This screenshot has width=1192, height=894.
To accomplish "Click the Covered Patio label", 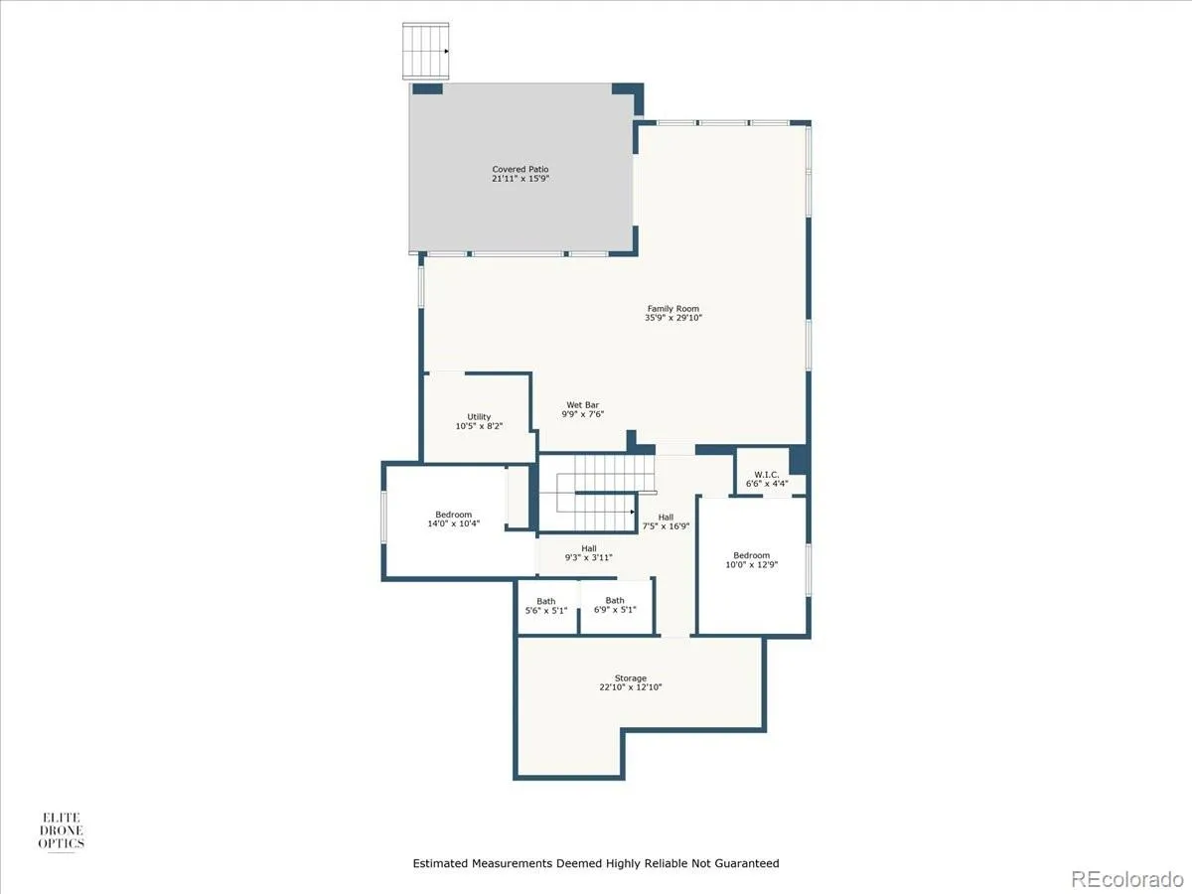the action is [521, 169].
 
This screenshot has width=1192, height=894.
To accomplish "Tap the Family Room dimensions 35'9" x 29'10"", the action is [673, 318].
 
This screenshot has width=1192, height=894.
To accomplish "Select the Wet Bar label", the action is [583, 405].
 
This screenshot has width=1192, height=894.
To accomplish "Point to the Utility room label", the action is [479, 417].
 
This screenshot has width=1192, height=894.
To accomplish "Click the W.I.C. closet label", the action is [767, 475].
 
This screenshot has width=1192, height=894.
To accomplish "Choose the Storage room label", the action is [631, 678].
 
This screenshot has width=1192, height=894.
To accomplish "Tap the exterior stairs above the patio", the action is [426, 51].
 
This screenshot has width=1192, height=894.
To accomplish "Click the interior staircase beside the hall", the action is [596, 493].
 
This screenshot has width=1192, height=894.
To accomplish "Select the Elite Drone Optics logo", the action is [62, 831].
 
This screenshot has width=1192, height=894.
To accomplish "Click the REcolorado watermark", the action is [1127, 878].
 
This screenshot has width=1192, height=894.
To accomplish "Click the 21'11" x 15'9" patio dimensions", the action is [521, 179].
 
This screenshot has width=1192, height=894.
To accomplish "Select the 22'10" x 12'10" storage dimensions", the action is [631, 687].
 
